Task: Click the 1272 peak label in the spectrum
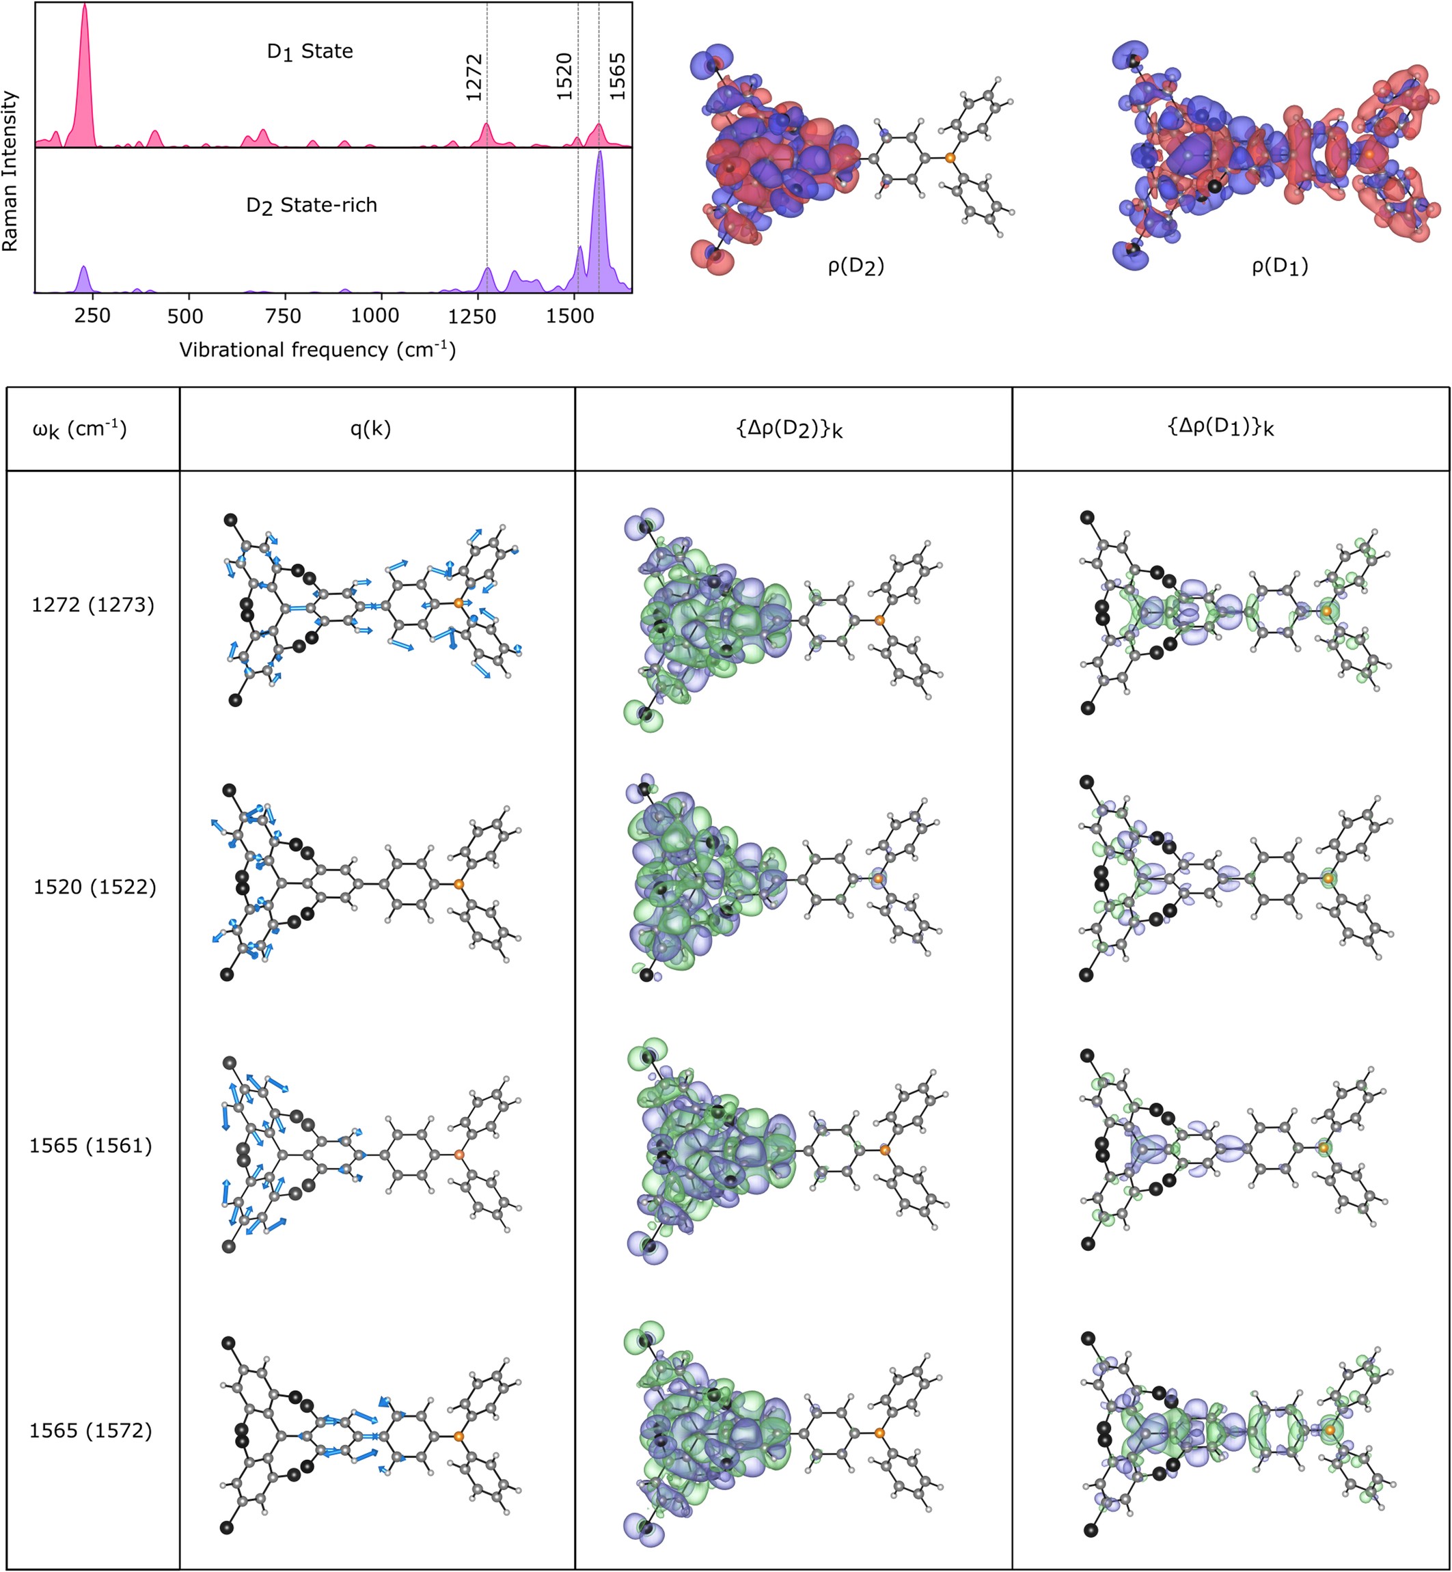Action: click(474, 77)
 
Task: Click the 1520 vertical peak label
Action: click(564, 77)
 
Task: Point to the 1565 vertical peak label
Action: click(618, 77)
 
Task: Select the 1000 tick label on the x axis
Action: click(374, 316)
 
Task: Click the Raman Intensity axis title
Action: click(10, 171)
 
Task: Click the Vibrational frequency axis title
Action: click(318, 350)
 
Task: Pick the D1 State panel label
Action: click(310, 52)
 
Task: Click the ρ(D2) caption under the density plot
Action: click(855, 267)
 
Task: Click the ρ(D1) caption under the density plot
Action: click(1279, 267)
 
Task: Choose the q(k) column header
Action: click(370, 428)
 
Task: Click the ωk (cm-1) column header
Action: click(79, 429)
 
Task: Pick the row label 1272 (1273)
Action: click(93, 605)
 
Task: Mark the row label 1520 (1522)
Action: click(94, 887)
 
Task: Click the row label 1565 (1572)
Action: click(90, 1431)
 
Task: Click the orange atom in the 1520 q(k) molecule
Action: click(459, 884)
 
